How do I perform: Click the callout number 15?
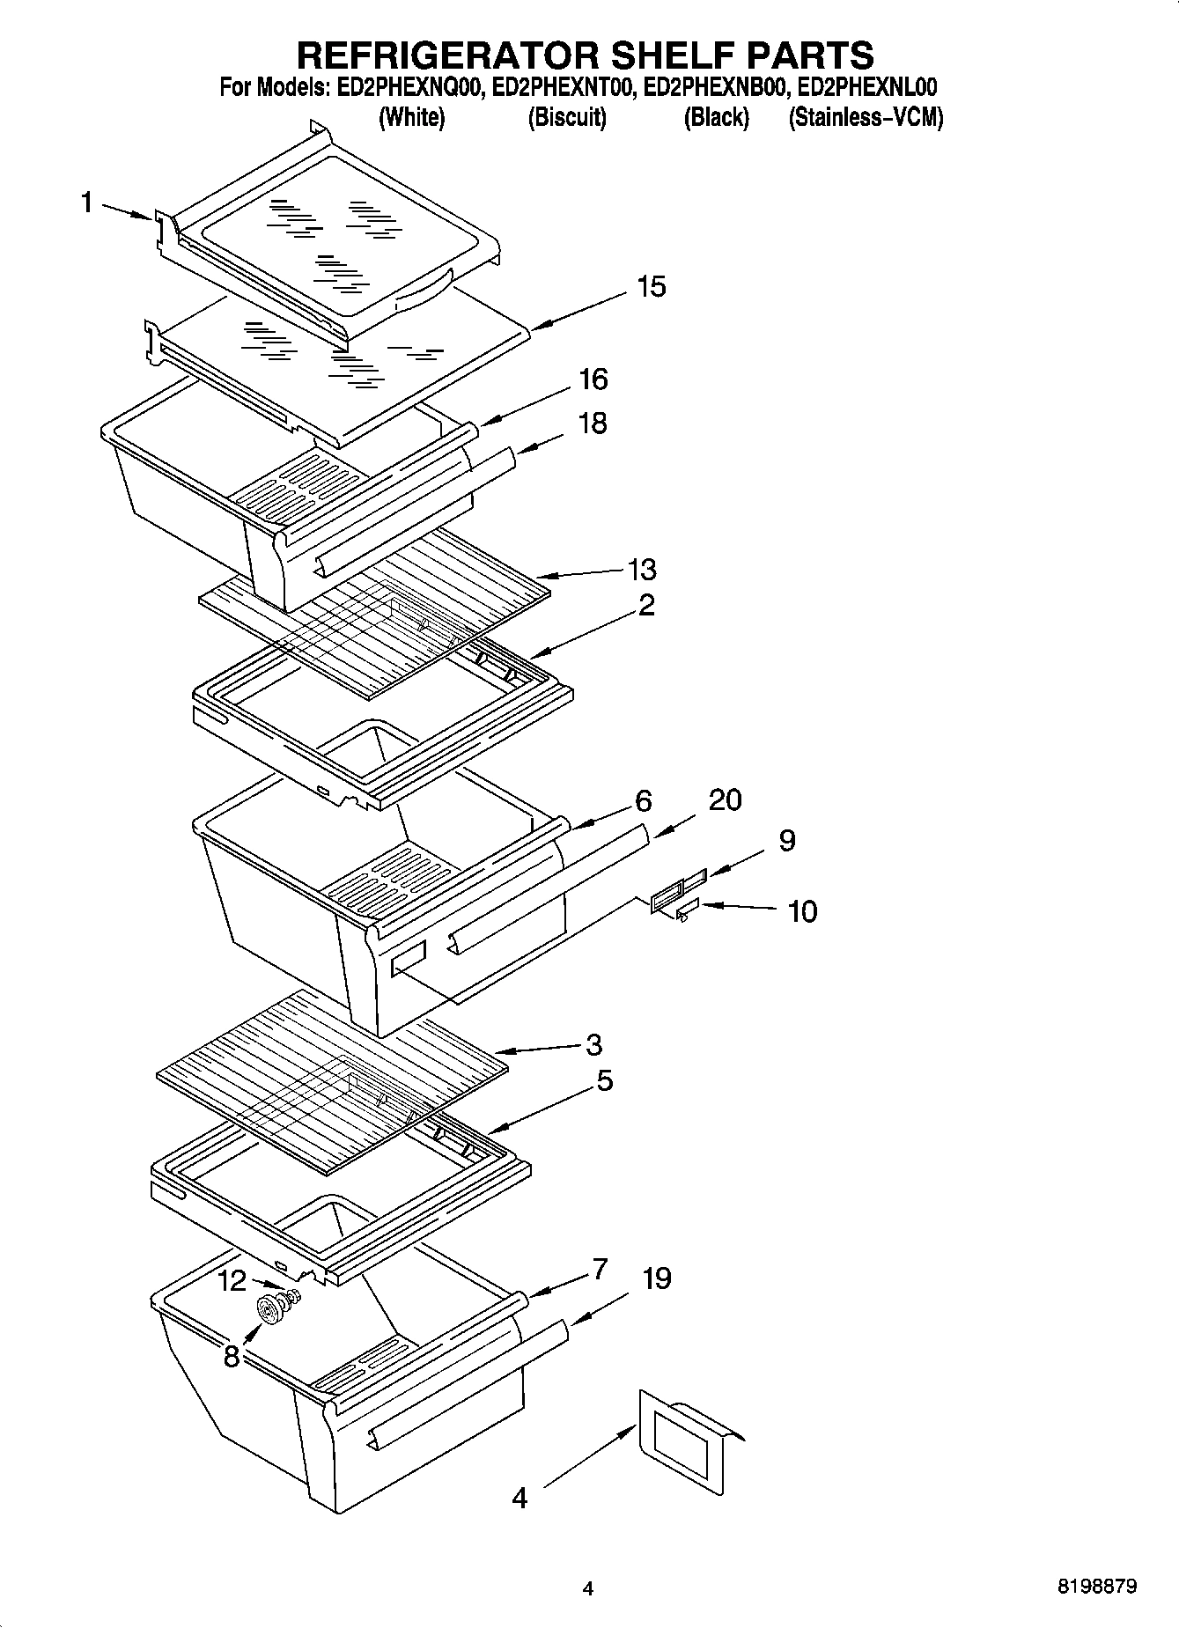[x=652, y=286]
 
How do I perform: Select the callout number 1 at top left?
[x=86, y=203]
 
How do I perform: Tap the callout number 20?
[x=725, y=799]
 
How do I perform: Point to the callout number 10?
[x=802, y=911]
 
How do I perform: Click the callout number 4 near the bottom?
[x=519, y=1497]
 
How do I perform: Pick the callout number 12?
[x=232, y=1279]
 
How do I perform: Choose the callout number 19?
[x=657, y=1278]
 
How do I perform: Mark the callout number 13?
[x=643, y=569]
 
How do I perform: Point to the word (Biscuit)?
[x=567, y=117]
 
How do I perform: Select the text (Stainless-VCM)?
[x=866, y=117]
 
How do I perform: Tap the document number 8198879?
[x=1096, y=1587]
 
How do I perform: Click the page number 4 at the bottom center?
[x=588, y=1589]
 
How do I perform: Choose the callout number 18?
[x=593, y=424]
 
